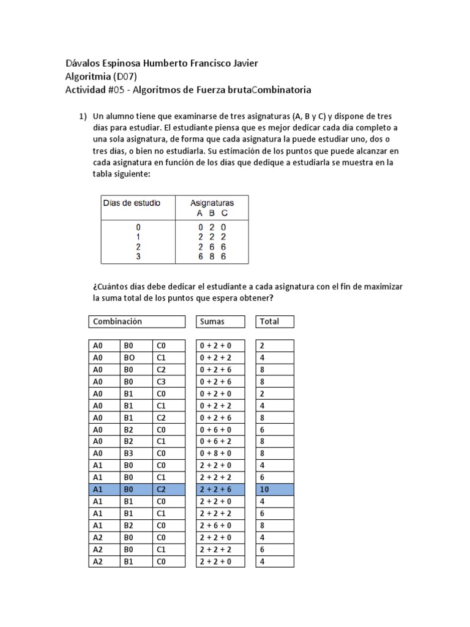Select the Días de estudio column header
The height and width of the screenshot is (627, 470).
[x=131, y=203]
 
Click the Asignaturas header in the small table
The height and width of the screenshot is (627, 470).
[x=211, y=203]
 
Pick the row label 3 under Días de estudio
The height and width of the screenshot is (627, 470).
[x=138, y=257]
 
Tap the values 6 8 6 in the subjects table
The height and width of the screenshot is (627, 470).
[x=212, y=257]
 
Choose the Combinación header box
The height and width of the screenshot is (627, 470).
[x=137, y=321]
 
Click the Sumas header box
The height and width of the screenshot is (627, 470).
[x=220, y=321]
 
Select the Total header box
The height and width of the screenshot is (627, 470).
[x=275, y=321]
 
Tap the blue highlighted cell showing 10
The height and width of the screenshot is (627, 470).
[x=275, y=489]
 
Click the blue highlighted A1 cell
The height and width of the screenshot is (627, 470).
[x=104, y=489]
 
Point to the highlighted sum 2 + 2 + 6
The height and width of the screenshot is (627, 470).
[x=220, y=489]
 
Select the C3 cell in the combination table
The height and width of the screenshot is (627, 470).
[x=168, y=381]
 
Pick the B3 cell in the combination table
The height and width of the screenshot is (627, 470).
[x=136, y=453]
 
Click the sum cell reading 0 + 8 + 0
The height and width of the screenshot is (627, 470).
[x=220, y=453]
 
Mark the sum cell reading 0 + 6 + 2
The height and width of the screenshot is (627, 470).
[x=220, y=441]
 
